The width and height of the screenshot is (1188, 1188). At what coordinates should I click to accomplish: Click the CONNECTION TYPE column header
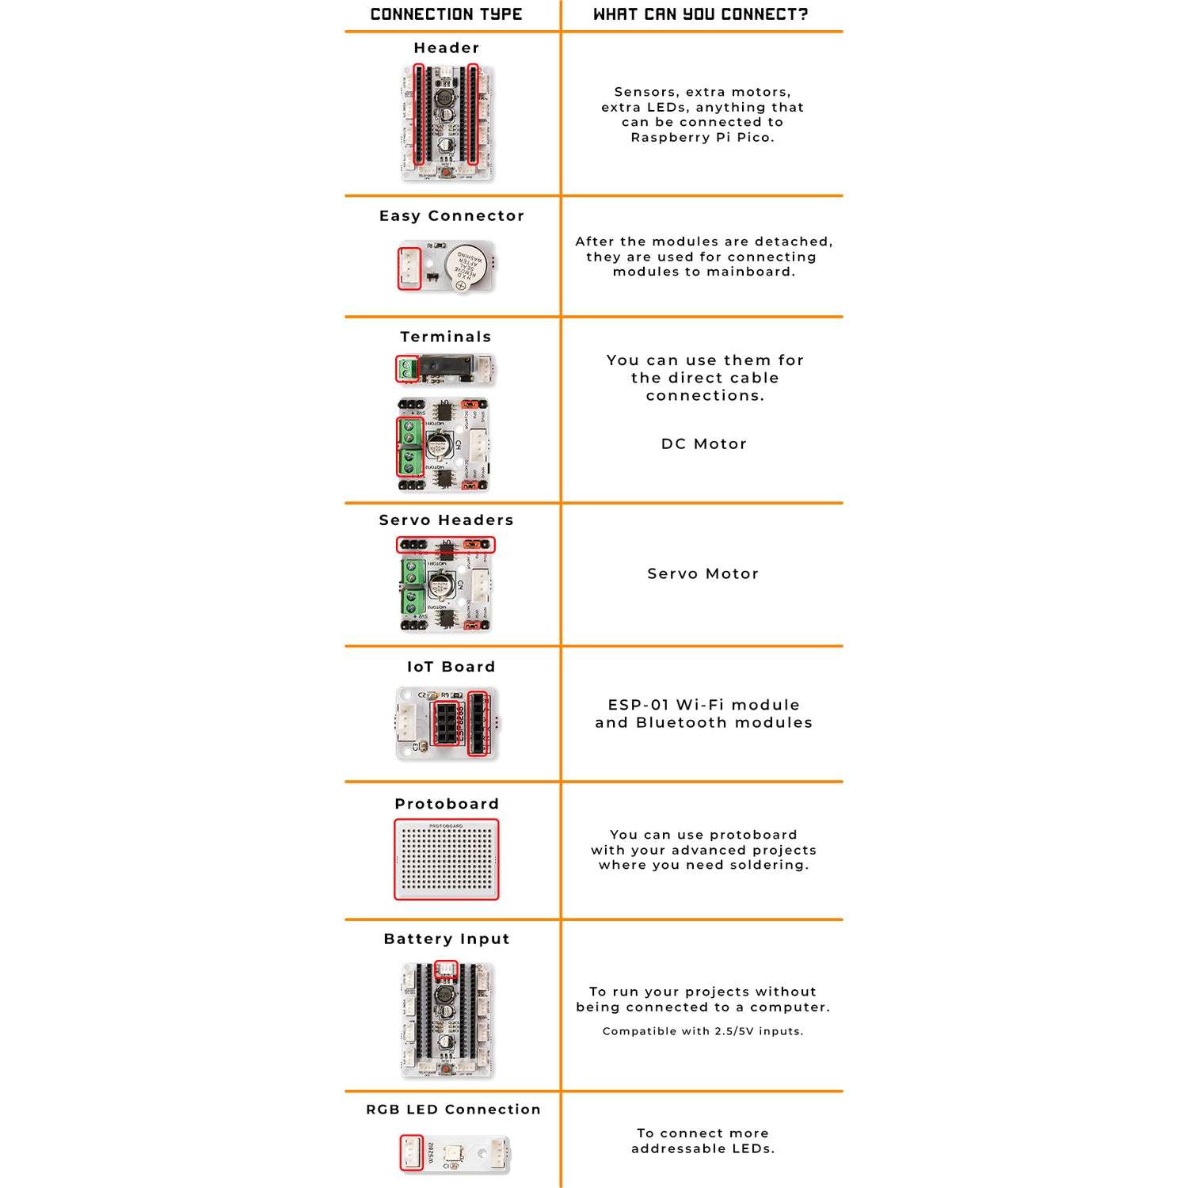(x=446, y=14)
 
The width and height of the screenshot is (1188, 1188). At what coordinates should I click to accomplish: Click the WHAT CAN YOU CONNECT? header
(x=701, y=14)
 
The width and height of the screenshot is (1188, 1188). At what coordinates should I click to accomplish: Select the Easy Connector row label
(x=451, y=216)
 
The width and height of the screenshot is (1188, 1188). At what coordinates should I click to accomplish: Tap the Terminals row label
(x=446, y=337)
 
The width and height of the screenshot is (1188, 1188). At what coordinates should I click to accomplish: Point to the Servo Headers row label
(x=446, y=520)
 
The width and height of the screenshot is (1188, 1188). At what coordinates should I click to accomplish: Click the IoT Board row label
(x=451, y=667)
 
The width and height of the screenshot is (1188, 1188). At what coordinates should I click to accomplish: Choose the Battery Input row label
(x=447, y=939)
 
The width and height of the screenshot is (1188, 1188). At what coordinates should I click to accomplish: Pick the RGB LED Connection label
(x=453, y=1110)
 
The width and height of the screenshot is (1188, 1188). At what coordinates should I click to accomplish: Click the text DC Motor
(x=703, y=444)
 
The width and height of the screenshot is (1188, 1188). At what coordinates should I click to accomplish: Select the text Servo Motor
(x=703, y=574)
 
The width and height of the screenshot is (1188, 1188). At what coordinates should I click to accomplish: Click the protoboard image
(x=447, y=860)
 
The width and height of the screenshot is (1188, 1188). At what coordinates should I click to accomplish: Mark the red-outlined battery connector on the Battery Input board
(x=447, y=969)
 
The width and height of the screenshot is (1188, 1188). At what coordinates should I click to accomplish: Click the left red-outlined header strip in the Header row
(x=419, y=115)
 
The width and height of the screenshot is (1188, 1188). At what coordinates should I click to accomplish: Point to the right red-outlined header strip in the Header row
(x=473, y=115)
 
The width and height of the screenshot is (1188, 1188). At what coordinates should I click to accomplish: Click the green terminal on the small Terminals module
(x=407, y=369)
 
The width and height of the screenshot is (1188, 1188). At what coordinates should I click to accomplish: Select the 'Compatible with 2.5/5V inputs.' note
(x=703, y=1031)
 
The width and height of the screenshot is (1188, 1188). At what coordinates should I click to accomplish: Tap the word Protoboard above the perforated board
(x=447, y=804)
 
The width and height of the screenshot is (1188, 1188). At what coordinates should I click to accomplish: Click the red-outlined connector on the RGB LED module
(x=411, y=1152)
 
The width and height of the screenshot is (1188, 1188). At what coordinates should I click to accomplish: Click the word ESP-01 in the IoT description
(x=638, y=705)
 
